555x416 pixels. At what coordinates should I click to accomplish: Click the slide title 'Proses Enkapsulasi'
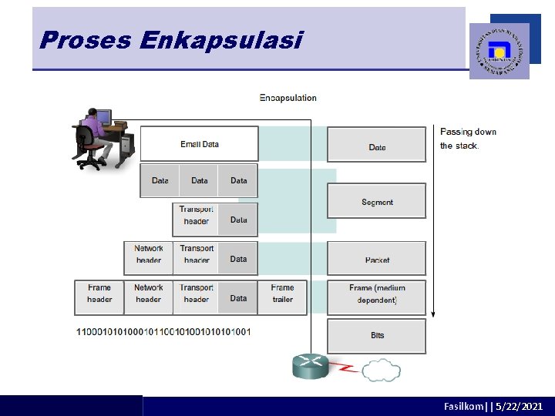click(x=170, y=40)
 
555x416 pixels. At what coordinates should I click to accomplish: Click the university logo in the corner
click(x=499, y=50)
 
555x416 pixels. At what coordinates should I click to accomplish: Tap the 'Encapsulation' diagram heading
click(x=288, y=98)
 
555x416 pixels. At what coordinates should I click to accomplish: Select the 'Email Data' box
click(x=199, y=144)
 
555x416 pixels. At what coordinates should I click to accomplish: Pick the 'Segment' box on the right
click(x=376, y=202)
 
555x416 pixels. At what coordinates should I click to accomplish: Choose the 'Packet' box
click(x=376, y=260)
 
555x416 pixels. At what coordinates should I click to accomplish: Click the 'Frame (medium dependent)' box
click(x=376, y=294)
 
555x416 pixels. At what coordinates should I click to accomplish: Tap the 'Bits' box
click(x=376, y=335)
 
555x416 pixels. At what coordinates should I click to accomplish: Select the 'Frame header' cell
click(x=99, y=294)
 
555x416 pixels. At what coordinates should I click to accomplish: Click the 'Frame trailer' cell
click(x=282, y=294)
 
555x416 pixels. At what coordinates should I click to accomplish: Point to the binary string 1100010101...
click(x=163, y=331)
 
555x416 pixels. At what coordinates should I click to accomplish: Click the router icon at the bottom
click(x=311, y=366)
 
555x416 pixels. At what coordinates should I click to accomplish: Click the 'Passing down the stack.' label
click(x=468, y=139)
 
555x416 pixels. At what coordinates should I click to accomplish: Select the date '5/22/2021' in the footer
click(x=520, y=406)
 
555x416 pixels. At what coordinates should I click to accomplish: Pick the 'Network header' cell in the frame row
click(x=148, y=294)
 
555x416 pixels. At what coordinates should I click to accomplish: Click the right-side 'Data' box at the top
click(x=376, y=146)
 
